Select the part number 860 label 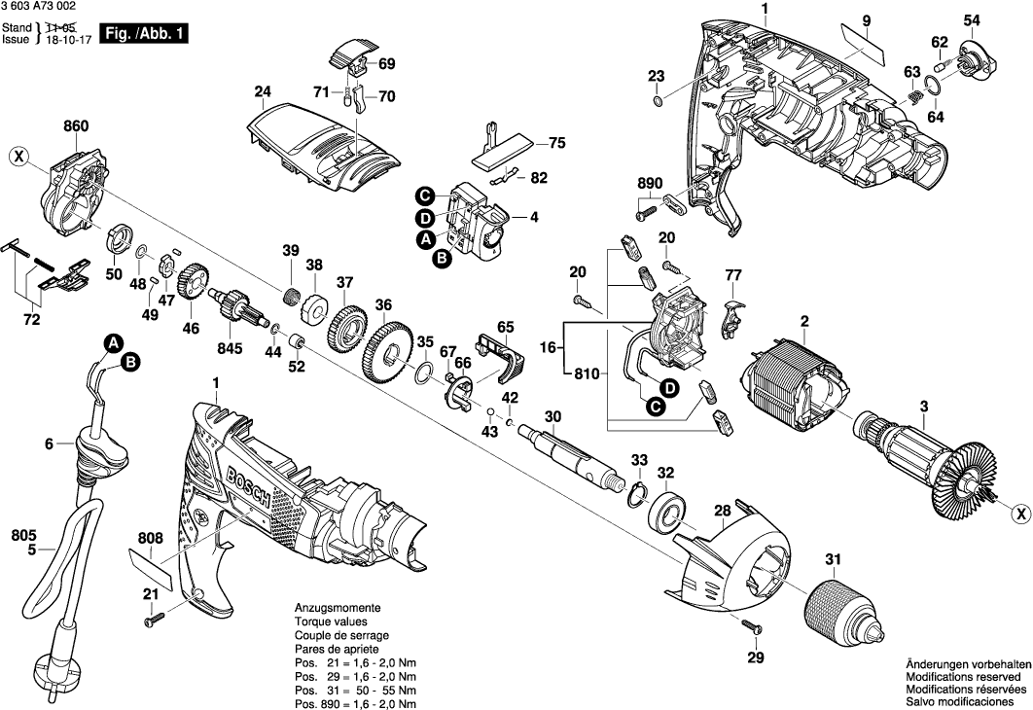coord(76,126)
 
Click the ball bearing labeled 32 coord(669,510)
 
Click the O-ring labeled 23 coord(658,101)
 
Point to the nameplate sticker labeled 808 coord(150,569)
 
